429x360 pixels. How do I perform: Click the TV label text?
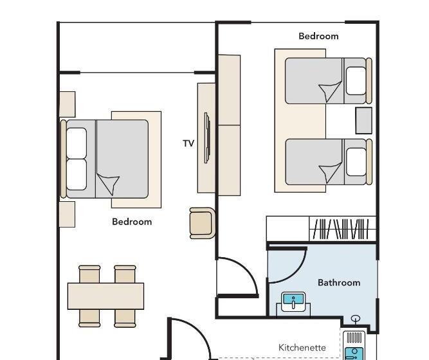tap(188, 143)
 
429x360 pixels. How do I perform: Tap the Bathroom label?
tap(339, 283)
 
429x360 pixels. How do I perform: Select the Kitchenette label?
tap(302, 348)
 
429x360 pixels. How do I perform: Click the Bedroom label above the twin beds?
tap(318, 36)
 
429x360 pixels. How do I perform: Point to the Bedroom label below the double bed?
tap(132, 222)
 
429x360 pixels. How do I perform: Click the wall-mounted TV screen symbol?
tap(207, 138)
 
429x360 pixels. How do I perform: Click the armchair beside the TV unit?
tap(202, 223)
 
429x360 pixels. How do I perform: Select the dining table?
tap(105, 296)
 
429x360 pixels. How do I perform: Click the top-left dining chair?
tap(89, 274)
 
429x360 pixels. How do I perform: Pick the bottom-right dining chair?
tap(125, 318)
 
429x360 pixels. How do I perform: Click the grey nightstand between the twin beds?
tap(363, 121)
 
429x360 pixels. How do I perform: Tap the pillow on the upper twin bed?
tap(356, 81)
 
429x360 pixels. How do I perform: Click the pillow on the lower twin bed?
tap(356, 161)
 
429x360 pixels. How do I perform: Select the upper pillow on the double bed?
tap(77, 143)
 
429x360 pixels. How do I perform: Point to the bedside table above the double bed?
tap(67, 105)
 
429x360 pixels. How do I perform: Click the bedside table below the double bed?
tap(67, 215)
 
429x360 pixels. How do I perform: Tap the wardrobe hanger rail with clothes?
tap(341, 229)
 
